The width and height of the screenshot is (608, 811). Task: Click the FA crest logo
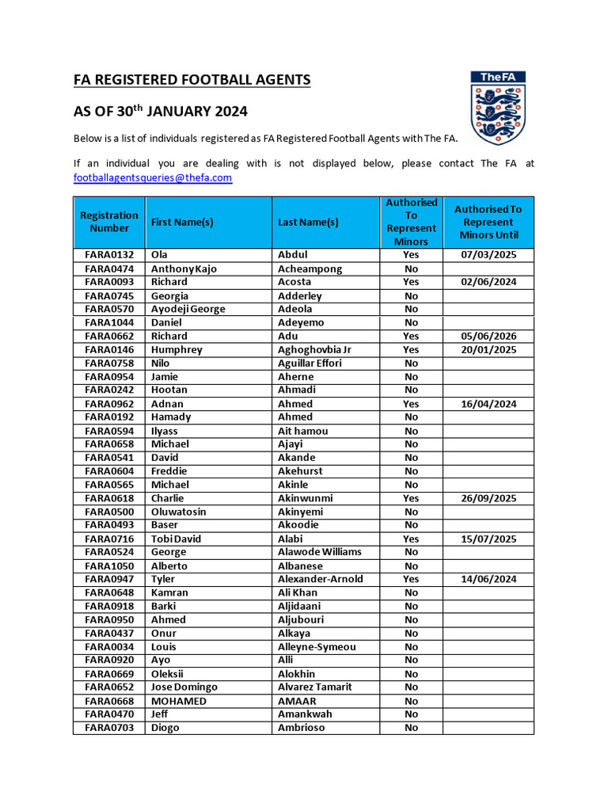pos(498,108)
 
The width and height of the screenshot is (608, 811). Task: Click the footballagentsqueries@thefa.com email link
pos(152,178)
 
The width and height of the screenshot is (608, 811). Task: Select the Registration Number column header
pos(109,222)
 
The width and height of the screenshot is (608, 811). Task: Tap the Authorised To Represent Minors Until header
pos(488,222)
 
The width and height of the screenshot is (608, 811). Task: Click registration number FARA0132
pos(109,255)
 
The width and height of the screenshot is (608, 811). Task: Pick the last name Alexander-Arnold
pos(320,579)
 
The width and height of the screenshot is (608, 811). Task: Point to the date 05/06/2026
pos(488,336)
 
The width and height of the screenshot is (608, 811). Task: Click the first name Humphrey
pos(177,349)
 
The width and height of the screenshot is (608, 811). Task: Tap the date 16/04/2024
pos(488,404)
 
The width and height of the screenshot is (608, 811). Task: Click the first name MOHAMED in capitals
pos(179,701)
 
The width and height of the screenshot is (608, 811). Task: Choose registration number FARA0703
pos(109,728)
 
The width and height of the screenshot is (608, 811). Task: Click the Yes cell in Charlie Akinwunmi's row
pos(411,498)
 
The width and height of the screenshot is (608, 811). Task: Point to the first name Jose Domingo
pos(184,687)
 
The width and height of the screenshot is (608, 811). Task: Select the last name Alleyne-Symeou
pos(317,646)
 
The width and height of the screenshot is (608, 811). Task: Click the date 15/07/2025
pos(488,539)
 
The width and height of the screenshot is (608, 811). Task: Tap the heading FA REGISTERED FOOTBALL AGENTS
pos(192,80)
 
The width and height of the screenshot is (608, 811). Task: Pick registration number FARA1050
pos(109,565)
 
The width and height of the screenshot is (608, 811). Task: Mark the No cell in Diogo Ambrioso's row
pos(411,728)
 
